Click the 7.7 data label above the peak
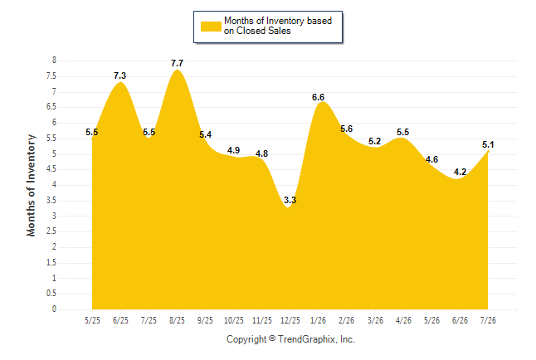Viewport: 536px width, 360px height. (x=177, y=63)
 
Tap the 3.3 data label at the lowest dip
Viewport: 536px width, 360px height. (x=290, y=200)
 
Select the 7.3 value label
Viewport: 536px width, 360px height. (x=120, y=75)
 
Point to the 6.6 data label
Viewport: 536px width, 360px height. (x=318, y=97)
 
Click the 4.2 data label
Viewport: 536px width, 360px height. (x=460, y=172)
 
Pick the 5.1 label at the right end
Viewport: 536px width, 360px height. (x=488, y=144)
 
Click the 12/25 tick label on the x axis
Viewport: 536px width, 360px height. (x=290, y=320)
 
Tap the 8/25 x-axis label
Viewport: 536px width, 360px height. (x=177, y=320)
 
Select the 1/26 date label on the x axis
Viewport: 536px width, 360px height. (x=318, y=320)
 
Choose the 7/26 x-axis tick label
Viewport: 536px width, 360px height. (x=488, y=320)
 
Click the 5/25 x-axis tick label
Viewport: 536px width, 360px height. (x=92, y=320)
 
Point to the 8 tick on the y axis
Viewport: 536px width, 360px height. (x=54, y=61)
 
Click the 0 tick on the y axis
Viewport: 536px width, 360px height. (x=54, y=309)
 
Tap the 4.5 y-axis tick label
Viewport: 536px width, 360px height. (x=51, y=169)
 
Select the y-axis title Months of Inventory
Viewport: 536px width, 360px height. (x=31, y=185)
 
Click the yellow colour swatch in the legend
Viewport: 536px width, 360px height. (x=211, y=27)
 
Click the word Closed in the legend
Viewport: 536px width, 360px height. (x=251, y=32)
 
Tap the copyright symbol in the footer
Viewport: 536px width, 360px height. (x=272, y=338)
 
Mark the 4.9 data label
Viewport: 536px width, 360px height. (x=233, y=150)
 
